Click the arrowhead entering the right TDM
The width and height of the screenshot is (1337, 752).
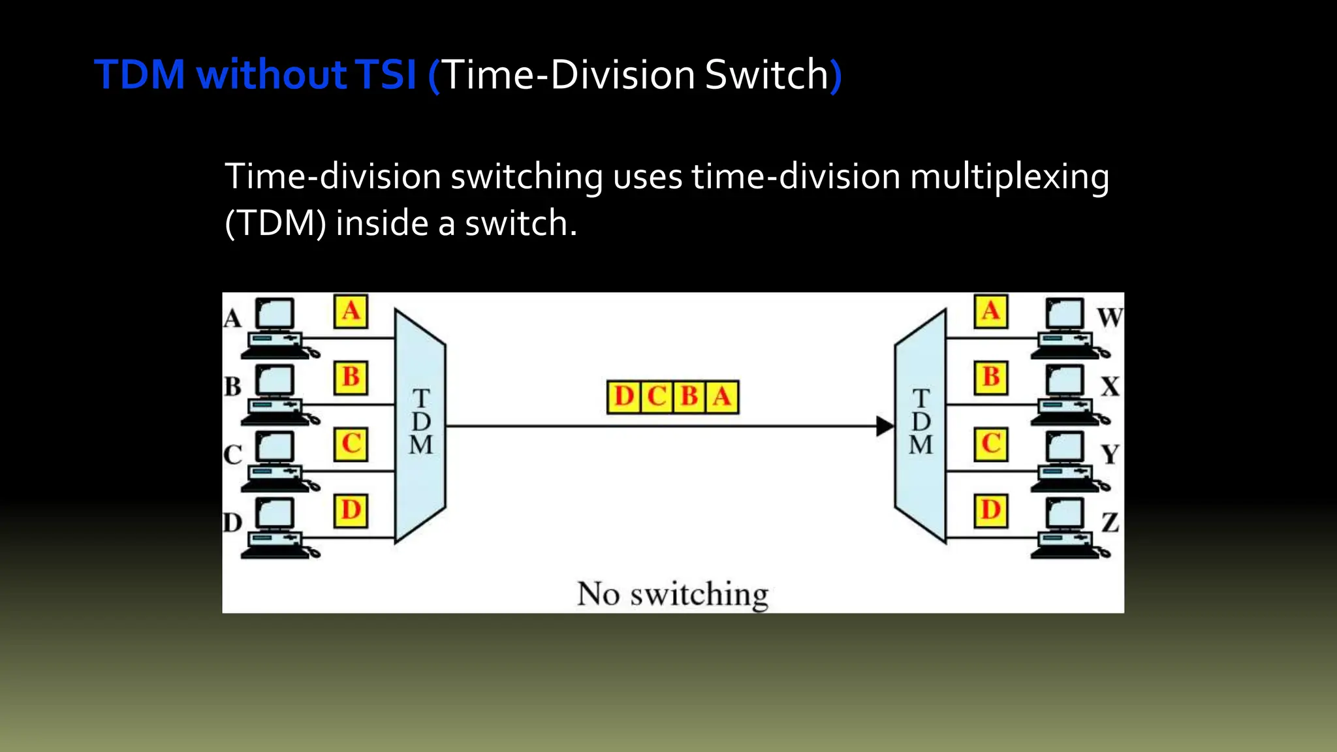884,426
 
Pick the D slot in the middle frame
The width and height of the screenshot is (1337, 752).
623,397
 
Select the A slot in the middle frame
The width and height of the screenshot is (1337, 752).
722,397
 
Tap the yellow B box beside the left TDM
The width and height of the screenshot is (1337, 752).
351,377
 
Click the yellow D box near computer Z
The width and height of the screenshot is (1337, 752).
990,510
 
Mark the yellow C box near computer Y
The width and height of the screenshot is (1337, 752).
990,444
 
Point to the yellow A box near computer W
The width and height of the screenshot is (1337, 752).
990,311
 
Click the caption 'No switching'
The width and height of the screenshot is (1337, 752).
672,594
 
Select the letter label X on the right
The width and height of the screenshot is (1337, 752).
1110,386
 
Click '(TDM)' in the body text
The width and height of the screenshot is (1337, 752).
275,224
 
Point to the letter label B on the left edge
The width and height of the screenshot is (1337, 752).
232,386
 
